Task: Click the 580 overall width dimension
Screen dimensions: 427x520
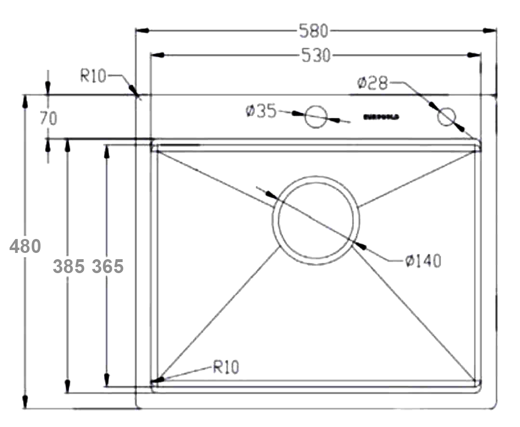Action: click(313, 31)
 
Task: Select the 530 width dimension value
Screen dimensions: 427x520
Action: click(316, 56)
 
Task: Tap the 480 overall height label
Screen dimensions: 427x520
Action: click(26, 246)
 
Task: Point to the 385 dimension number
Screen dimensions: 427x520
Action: click(69, 266)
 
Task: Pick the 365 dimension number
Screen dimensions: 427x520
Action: click(108, 266)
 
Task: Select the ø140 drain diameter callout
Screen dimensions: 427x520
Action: click(423, 261)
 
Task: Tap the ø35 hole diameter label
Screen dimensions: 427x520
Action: click(260, 112)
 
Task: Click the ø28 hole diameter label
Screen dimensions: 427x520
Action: click(372, 83)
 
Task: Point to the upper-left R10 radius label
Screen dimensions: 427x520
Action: click(92, 76)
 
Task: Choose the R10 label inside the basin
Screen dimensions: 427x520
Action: click(226, 368)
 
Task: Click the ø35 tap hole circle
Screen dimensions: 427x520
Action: click(316, 117)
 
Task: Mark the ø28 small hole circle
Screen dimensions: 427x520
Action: click(446, 117)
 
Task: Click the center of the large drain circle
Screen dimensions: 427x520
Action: click(316, 220)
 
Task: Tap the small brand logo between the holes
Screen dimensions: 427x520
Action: click(380, 117)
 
